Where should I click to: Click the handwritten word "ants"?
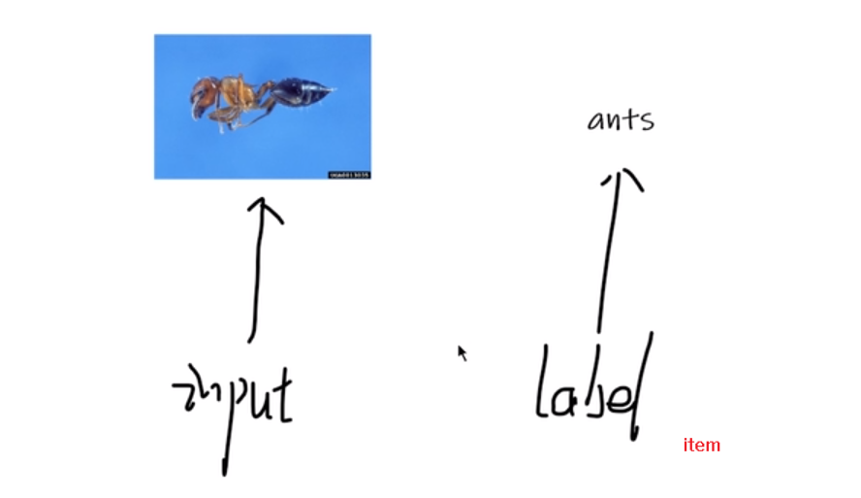click(621, 120)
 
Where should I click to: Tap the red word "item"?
click(701, 445)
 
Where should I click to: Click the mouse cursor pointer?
click(462, 353)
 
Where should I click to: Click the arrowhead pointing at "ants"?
click(622, 179)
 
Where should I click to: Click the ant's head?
click(202, 98)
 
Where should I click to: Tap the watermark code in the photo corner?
click(349, 175)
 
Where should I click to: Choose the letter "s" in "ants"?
click(648, 122)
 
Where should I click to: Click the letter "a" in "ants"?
click(595, 121)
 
